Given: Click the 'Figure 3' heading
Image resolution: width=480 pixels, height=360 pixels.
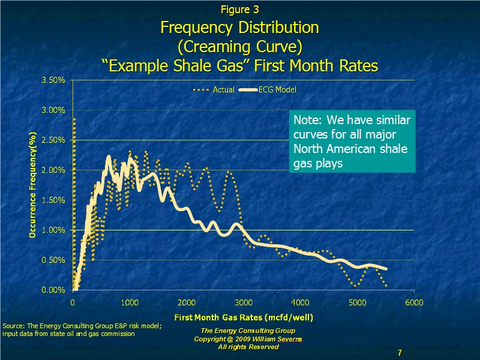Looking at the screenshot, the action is point(239,10).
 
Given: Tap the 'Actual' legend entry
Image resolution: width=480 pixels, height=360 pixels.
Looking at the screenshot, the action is point(214,89).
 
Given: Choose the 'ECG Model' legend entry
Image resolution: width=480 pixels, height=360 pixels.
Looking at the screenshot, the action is point(267,89).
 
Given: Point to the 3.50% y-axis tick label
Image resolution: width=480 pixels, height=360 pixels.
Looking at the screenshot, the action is point(53,80).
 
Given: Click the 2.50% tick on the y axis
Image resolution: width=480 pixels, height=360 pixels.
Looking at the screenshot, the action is point(53,140).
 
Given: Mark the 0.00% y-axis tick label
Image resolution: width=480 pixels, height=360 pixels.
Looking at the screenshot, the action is point(53,290).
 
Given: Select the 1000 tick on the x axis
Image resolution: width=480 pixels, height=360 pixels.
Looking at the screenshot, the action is point(130,303).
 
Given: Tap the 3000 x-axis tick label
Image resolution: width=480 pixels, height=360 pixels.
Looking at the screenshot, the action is point(244,303).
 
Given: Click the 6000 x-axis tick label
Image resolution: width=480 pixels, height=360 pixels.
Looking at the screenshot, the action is point(414,303).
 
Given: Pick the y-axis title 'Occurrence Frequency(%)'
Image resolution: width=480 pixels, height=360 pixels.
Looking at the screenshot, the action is point(32,185).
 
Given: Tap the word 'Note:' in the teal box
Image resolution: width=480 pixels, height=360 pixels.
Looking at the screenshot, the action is point(308,120).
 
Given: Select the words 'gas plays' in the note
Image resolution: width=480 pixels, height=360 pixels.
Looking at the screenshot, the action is point(318,163).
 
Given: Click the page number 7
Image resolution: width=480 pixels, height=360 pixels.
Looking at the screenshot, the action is point(400,353).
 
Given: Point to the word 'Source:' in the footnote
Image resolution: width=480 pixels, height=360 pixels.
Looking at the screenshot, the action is point(14,326).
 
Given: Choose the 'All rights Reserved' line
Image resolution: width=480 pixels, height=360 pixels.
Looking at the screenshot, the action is point(248,347).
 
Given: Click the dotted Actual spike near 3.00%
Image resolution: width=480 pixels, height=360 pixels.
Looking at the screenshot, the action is point(74,119).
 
